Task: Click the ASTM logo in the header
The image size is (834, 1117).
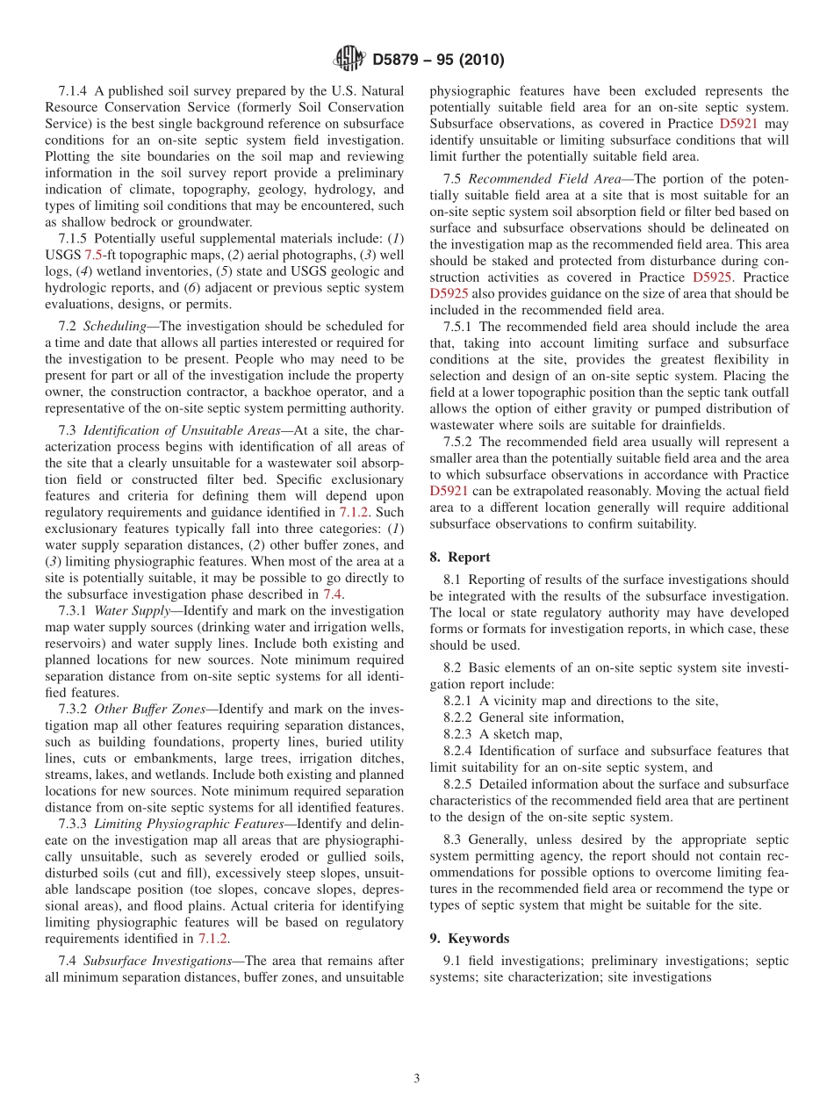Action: click(x=349, y=60)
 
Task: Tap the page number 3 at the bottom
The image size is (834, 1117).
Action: click(x=417, y=1078)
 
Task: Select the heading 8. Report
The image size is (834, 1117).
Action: click(x=460, y=557)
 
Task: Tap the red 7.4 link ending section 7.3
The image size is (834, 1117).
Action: click(x=333, y=594)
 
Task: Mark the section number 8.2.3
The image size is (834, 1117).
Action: click(x=458, y=734)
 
